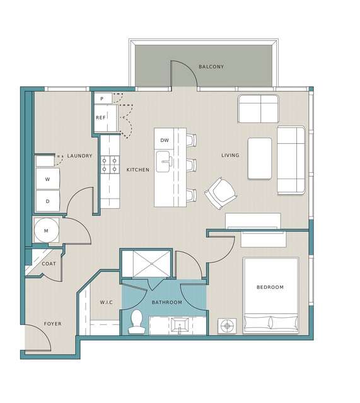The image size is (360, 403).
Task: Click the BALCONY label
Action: (211, 67)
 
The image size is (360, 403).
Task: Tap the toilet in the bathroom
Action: (136, 321)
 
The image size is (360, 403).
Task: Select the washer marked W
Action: (48, 179)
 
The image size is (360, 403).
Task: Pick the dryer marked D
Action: (48, 201)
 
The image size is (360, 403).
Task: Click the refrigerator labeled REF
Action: (106, 118)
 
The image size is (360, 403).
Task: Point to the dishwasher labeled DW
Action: (165, 140)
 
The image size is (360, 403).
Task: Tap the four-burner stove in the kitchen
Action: (110, 165)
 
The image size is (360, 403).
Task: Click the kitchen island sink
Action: (163, 161)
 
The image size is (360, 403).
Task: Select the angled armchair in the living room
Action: (221, 193)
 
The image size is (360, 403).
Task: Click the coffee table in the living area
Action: (260, 158)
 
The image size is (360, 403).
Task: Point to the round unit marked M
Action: (46, 230)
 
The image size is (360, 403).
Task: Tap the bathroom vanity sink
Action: (180, 325)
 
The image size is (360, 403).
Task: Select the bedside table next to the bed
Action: (227, 326)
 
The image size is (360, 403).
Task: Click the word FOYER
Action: (53, 324)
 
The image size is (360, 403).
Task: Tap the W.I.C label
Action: (107, 302)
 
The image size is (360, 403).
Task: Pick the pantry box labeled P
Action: (103, 98)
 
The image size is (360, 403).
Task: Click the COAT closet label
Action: (49, 264)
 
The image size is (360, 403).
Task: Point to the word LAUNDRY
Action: (79, 156)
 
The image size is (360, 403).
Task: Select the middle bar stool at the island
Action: (192, 165)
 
